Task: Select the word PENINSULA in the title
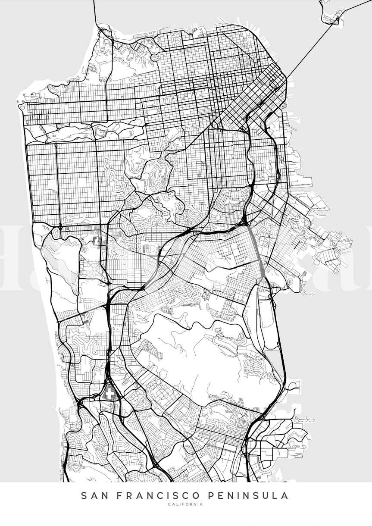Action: [x=250, y=496]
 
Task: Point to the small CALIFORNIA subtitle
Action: [x=186, y=504]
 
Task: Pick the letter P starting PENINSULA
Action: [x=213, y=496]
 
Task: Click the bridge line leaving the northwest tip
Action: [x=96, y=13]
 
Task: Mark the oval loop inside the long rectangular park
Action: [x=102, y=129]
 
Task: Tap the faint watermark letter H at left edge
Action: [x=13, y=259]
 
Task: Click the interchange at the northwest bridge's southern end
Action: [x=103, y=32]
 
